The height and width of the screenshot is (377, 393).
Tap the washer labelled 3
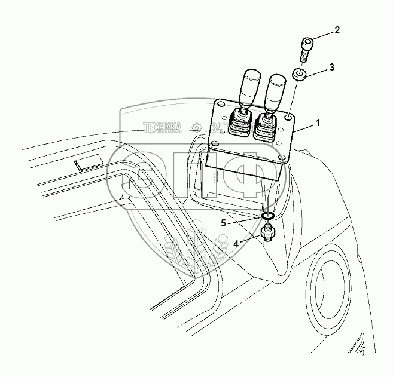(300, 75)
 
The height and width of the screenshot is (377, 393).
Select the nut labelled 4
(268, 232)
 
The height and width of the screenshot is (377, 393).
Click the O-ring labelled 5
(268, 216)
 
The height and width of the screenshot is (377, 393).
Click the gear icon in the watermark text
(196, 127)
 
